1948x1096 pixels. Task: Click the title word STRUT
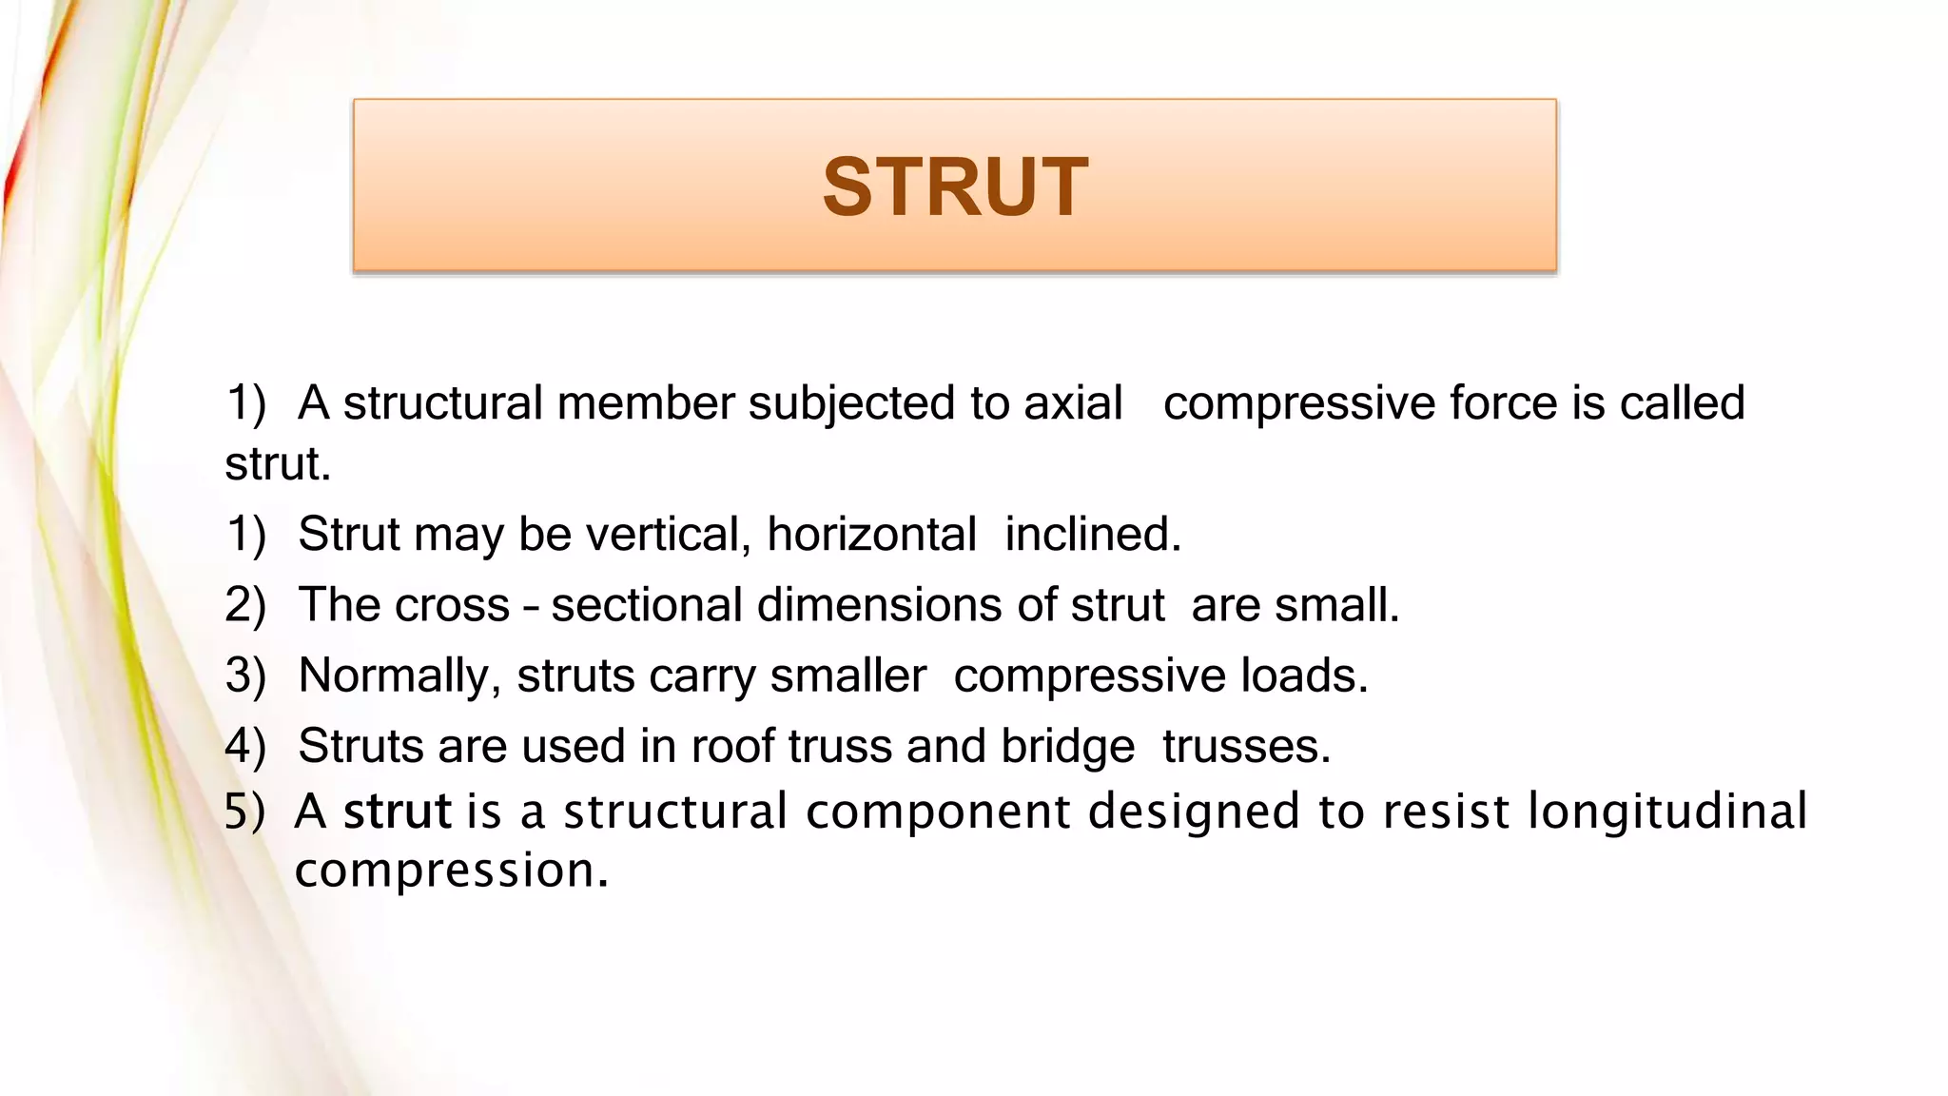pos(955,187)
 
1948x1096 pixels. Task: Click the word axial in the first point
pos(1073,403)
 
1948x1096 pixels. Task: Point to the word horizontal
pos(871,535)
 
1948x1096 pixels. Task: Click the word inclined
pos(1092,535)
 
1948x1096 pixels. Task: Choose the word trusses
pos(1245,746)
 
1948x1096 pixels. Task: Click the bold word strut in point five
pos(397,812)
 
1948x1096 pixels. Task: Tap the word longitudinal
pos(1666,812)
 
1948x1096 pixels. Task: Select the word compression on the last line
pos(450,871)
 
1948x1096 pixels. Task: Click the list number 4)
pos(245,746)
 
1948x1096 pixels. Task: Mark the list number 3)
pos(245,675)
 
